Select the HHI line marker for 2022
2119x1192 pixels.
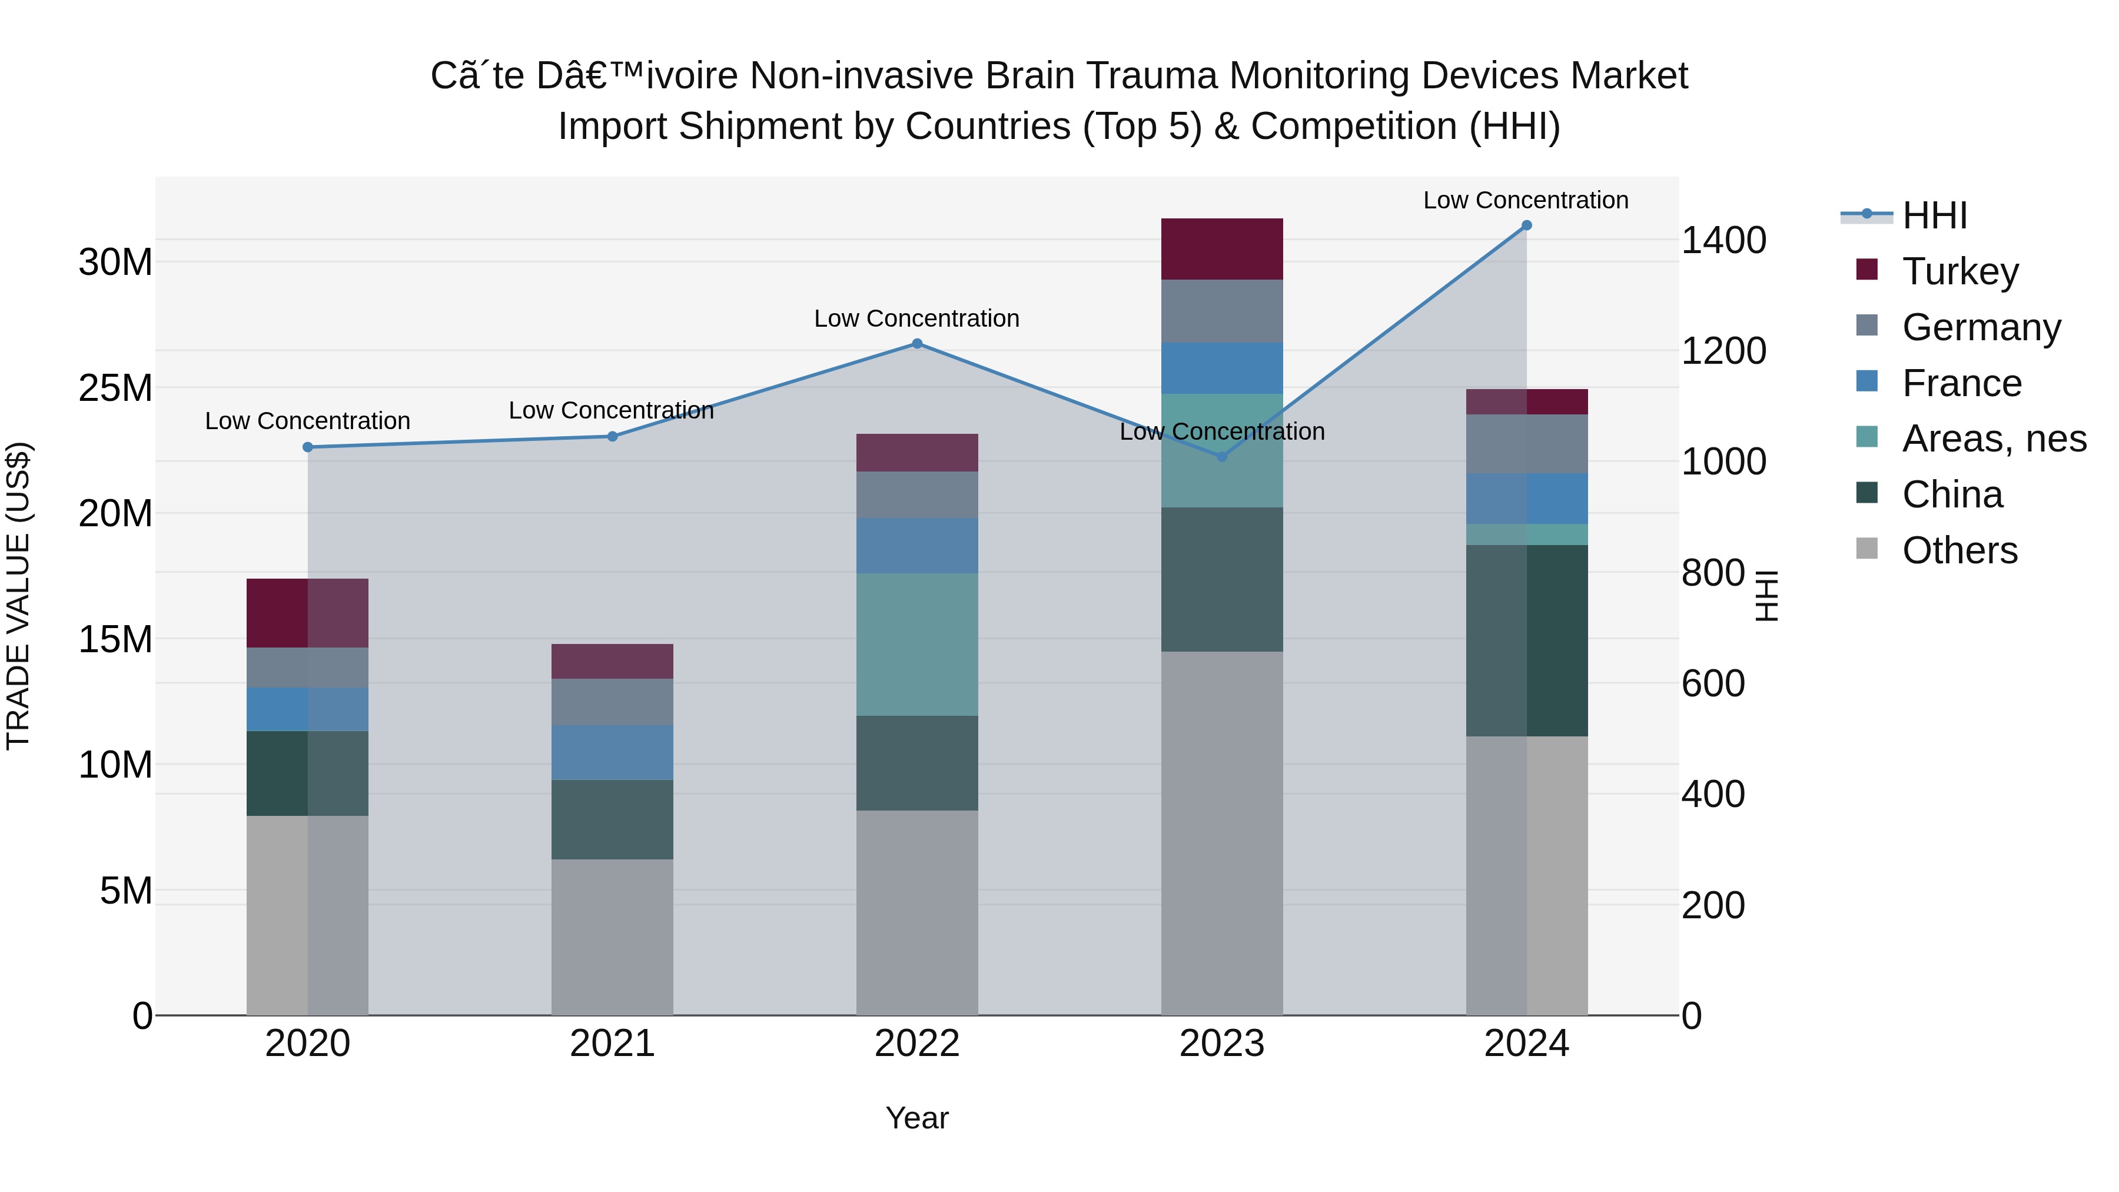pyautogui.click(x=917, y=344)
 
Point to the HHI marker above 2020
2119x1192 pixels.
pyautogui.click(x=308, y=447)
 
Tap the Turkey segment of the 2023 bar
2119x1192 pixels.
pyautogui.click(x=1221, y=249)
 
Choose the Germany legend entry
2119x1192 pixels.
pyautogui.click(x=1981, y=327)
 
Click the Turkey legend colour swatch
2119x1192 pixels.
pyautogui.click(x=1867, y=270)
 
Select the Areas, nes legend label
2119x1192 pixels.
pyautogui.click(x=1994, y=439)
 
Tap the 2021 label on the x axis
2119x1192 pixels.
pyautogui.click(x=612, y=1044)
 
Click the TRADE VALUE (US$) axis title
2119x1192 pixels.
pyautogui.click(x=18, y=596)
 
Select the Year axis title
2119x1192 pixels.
pyautogui.click(x=917, y=1118)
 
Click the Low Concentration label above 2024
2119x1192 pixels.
pyautogui.click(x=1525, y=200)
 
